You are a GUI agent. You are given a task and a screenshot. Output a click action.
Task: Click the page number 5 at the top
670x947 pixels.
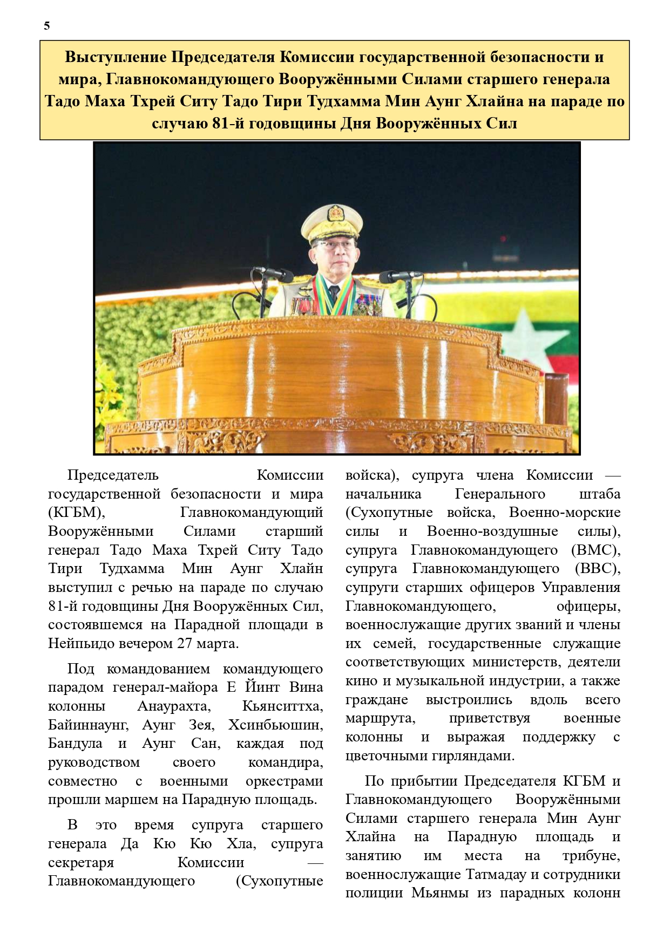47,26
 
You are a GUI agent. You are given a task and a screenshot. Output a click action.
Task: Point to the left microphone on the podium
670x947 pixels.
273,274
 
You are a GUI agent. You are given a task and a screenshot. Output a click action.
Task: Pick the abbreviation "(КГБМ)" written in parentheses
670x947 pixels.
76,513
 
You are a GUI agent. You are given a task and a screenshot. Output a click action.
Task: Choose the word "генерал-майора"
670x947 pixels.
165,687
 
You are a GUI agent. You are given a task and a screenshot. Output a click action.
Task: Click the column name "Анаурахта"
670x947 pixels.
174,706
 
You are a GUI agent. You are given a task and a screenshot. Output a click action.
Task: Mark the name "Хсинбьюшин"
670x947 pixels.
275,725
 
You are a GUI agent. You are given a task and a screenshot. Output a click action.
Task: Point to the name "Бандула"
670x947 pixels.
75,744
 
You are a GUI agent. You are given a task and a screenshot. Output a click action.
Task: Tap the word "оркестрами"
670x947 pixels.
284,781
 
